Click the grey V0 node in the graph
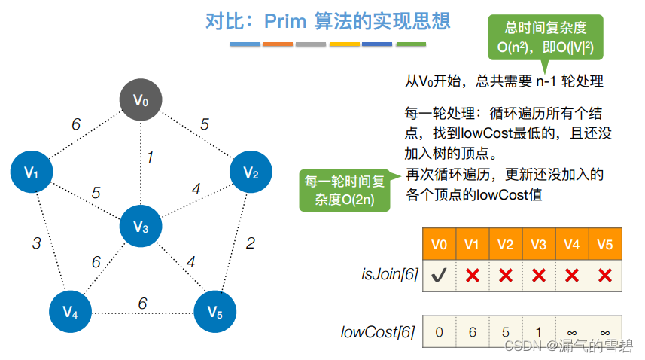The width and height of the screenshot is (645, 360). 141,99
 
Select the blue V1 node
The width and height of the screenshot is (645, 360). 31,172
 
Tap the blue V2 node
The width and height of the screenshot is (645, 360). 251,172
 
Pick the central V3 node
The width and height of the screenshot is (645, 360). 141,225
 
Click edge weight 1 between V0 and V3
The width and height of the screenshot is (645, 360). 150,157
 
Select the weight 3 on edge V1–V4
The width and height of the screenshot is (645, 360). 36,243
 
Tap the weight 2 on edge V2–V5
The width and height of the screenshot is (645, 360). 250,243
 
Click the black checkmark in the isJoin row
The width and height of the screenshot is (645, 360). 440,276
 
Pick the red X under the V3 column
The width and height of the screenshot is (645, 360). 538,276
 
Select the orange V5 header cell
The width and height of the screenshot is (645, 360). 604,244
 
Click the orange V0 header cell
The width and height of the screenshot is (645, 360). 440,244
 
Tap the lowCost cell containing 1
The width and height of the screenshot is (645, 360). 538,331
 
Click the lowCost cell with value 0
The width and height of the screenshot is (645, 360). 440,331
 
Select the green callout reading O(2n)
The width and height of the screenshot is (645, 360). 344,190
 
